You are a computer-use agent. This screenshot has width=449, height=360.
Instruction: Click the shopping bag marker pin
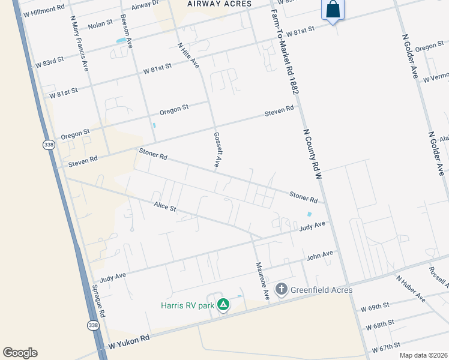[333, 10]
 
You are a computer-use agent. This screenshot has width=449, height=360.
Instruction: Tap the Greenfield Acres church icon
[281, 290]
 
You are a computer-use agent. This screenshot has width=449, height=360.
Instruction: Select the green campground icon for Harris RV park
[223, 305]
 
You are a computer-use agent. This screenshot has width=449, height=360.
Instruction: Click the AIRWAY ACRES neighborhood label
[218, 4]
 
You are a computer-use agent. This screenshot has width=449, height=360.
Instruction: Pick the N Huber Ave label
[411, 289]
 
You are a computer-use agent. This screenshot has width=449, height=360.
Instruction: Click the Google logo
[20, 352]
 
